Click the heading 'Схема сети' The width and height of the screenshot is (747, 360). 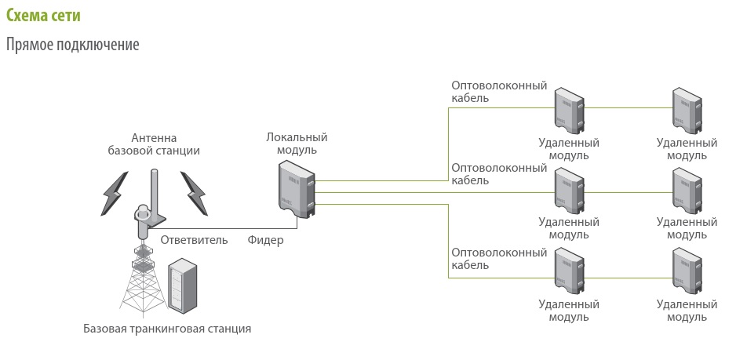(x=42, y=16)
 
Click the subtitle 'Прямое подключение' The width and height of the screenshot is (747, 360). (x=72, y=45)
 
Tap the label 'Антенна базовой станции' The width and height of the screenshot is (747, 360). (x=154, y=144)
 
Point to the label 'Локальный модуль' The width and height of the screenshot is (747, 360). (x=297, y=144)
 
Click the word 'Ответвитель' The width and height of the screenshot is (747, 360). (x=194, y=240)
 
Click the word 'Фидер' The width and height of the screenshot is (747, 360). (x=266, y=240)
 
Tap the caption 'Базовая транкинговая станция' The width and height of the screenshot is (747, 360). (x=167, y=328)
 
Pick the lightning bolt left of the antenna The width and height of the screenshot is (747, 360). (x=114, y=192)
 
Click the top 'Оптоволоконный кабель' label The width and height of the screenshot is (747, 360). (x=499, y=92)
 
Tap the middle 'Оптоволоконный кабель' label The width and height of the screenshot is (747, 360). (x=499, y=173)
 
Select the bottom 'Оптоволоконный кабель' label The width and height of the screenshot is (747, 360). (x=499, y=258)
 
